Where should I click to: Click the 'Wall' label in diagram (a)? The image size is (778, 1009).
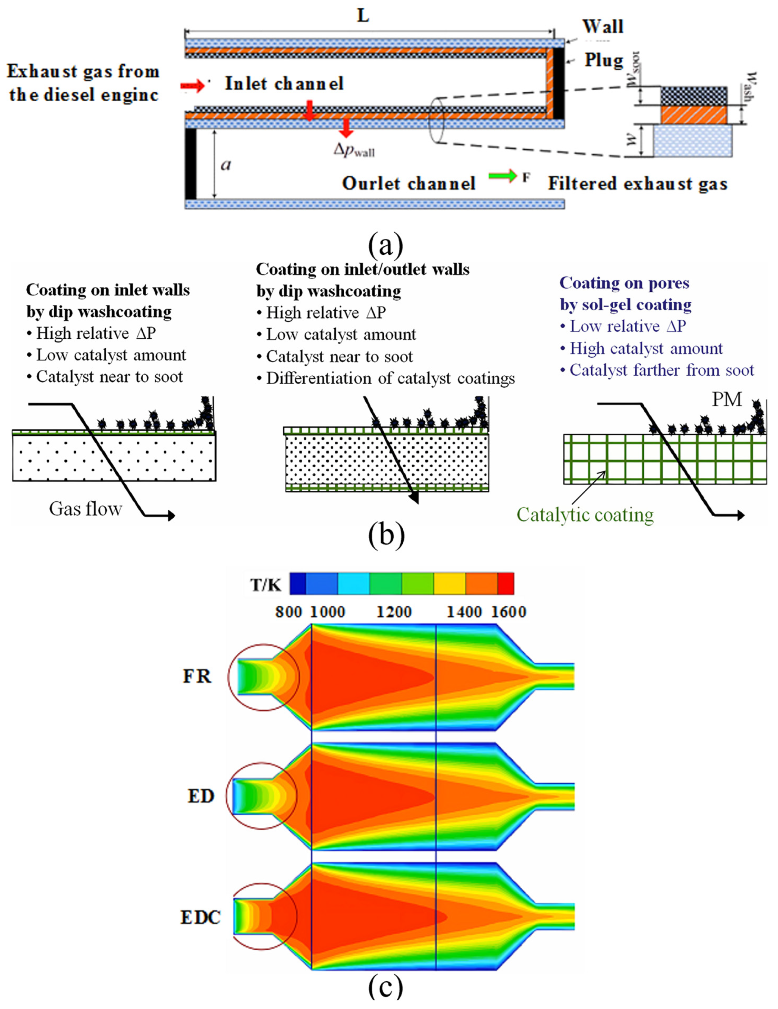pyautogui.click(x=602, y=26)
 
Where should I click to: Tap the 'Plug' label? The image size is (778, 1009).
pyautogui.click(x=604, y=60)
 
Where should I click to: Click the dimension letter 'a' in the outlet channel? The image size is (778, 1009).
pyautogui.click(x=226, y=164)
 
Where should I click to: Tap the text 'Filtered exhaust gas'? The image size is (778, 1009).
pyautogui.click(x=638, y=184)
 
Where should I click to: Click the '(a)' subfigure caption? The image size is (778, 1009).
pyautogui.click(x=386, y=245)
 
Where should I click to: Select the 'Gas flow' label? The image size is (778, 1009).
pyautogui.click(x=85, y=509)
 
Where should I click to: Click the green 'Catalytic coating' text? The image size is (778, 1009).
pyautogui.click(x=585, y=515)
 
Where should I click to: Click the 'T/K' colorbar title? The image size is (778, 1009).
pyautogui.click(x=265, y=585)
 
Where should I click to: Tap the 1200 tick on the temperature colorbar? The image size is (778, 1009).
pyautogui.click(x=393, y=612)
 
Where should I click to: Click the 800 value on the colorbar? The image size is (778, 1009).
pyautogui.click(x=289, y=612)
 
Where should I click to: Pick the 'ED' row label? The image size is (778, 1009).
pyautogui.click(x=201, y=796)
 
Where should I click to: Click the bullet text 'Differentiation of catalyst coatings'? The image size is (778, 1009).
pyautogui.click(x=390, y=378)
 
